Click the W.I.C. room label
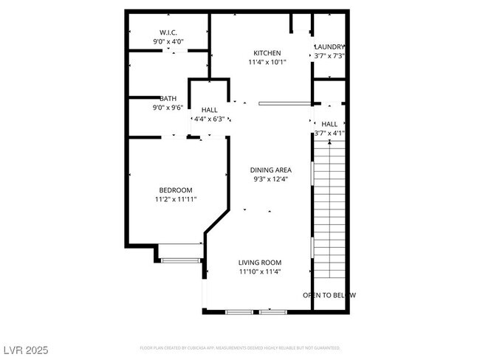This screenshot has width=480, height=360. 168,32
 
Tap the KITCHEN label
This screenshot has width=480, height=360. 267,53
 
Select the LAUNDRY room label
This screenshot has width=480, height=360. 329,47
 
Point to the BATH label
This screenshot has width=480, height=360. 168,99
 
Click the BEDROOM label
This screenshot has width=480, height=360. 176,190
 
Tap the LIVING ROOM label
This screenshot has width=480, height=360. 259,263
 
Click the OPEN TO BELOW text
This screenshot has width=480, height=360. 329,295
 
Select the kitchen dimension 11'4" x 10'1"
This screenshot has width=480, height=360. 267,63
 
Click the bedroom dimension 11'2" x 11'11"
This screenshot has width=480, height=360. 176,199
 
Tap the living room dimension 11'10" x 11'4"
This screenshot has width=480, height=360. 259,272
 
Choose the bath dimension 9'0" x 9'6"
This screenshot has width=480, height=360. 168,108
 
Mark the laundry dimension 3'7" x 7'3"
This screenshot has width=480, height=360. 329,57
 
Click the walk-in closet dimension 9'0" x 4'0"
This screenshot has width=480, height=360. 168,42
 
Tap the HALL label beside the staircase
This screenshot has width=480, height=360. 329,124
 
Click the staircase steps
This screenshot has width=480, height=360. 329,207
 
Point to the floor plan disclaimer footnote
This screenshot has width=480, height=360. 240,347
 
